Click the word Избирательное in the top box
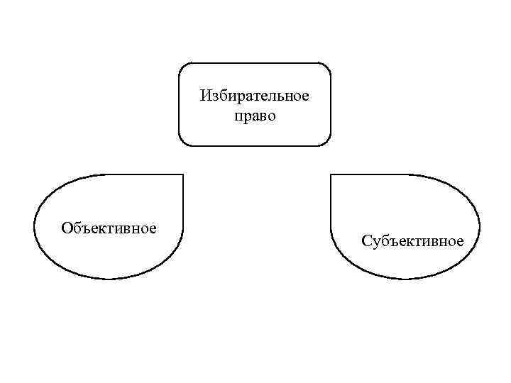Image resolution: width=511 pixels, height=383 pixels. click(x=255, y=95)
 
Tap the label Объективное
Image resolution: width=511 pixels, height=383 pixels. click(x=109, y=228)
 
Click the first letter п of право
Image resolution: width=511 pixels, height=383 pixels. click(x=237, y=115)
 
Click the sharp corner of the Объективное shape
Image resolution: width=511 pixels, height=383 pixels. click(x=182, y=175)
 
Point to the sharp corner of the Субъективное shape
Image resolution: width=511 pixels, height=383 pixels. click(x=331, y=175)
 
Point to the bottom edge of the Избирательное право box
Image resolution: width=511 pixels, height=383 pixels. click(x=255, y=145)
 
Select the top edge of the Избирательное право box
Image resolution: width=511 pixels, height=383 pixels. click(x=255, y=62)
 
